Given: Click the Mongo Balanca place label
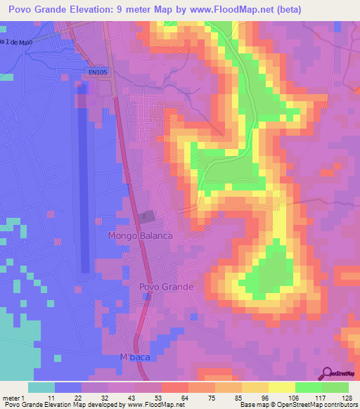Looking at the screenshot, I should [x=140, y=236].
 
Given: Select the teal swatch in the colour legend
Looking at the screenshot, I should [x=41, y=387].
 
